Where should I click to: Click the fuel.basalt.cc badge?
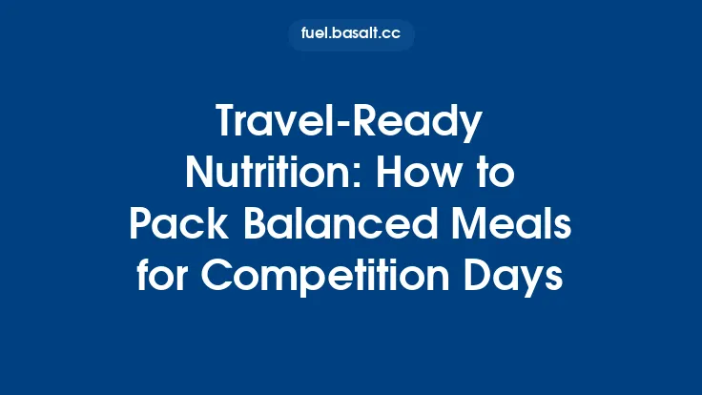click(x=351, y=35)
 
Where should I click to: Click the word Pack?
click(x=166, y=224)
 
